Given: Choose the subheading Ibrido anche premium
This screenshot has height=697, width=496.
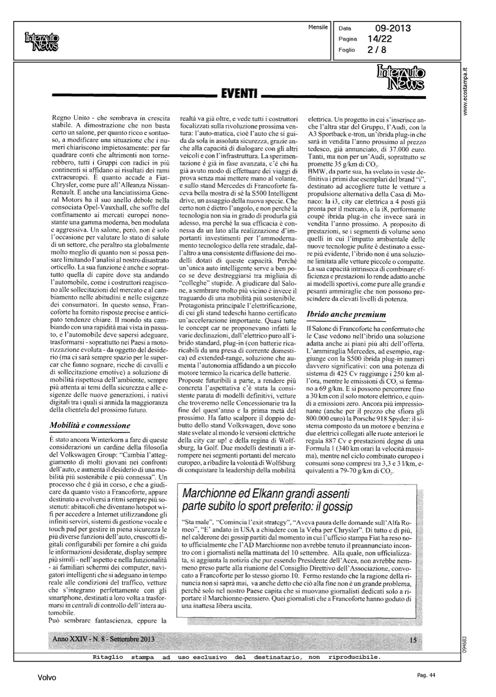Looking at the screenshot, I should coord(346,315).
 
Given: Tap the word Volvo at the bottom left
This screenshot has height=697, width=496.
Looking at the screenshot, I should coord(47,678).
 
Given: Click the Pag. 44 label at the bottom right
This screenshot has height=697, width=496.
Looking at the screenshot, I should coord(425,675).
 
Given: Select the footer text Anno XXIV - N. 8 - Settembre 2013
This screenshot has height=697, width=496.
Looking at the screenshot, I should coord(104,639).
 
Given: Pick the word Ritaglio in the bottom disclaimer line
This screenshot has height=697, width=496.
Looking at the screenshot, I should coord(107,657).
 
